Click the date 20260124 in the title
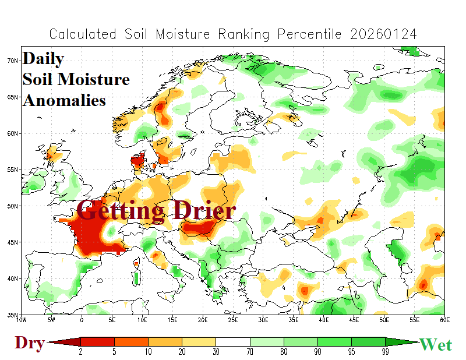click(x=384, y=34)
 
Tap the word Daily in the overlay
click(x=44, y=59)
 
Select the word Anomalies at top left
click(x=65, y=100)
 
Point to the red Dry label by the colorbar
click(x=29, y=344)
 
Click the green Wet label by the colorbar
click(x=435, y=344)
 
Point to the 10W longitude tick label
click(x=22, y=320)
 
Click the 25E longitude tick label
click(x=232, y=320)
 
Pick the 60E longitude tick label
click(x=444, y=320)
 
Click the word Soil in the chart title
click(x=141, y=34)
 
